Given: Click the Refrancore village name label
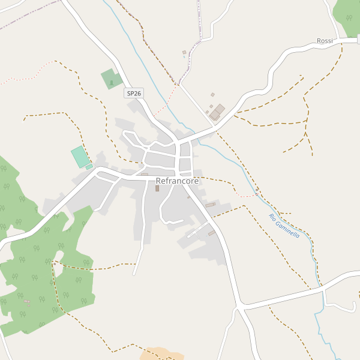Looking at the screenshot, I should coord(177,181).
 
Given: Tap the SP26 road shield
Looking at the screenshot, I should coord(134,93).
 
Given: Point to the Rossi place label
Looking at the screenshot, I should coord(325,41).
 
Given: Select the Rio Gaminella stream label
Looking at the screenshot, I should coord(284,226).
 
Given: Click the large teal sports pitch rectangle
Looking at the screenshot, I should coord(80,157).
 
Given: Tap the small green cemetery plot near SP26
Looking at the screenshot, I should coord(111,79).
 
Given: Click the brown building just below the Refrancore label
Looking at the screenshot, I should coord(157,188).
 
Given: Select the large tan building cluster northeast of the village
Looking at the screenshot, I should coord(217,112).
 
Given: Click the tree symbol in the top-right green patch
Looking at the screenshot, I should coord(349,17).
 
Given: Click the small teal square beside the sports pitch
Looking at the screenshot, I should coord(89,167).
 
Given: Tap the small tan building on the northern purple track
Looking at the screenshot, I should coord(184,53).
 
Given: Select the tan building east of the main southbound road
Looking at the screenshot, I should coord(210,205).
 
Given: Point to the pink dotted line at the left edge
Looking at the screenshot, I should coord(12,80).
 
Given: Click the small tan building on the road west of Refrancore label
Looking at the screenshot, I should coord(145,174).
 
